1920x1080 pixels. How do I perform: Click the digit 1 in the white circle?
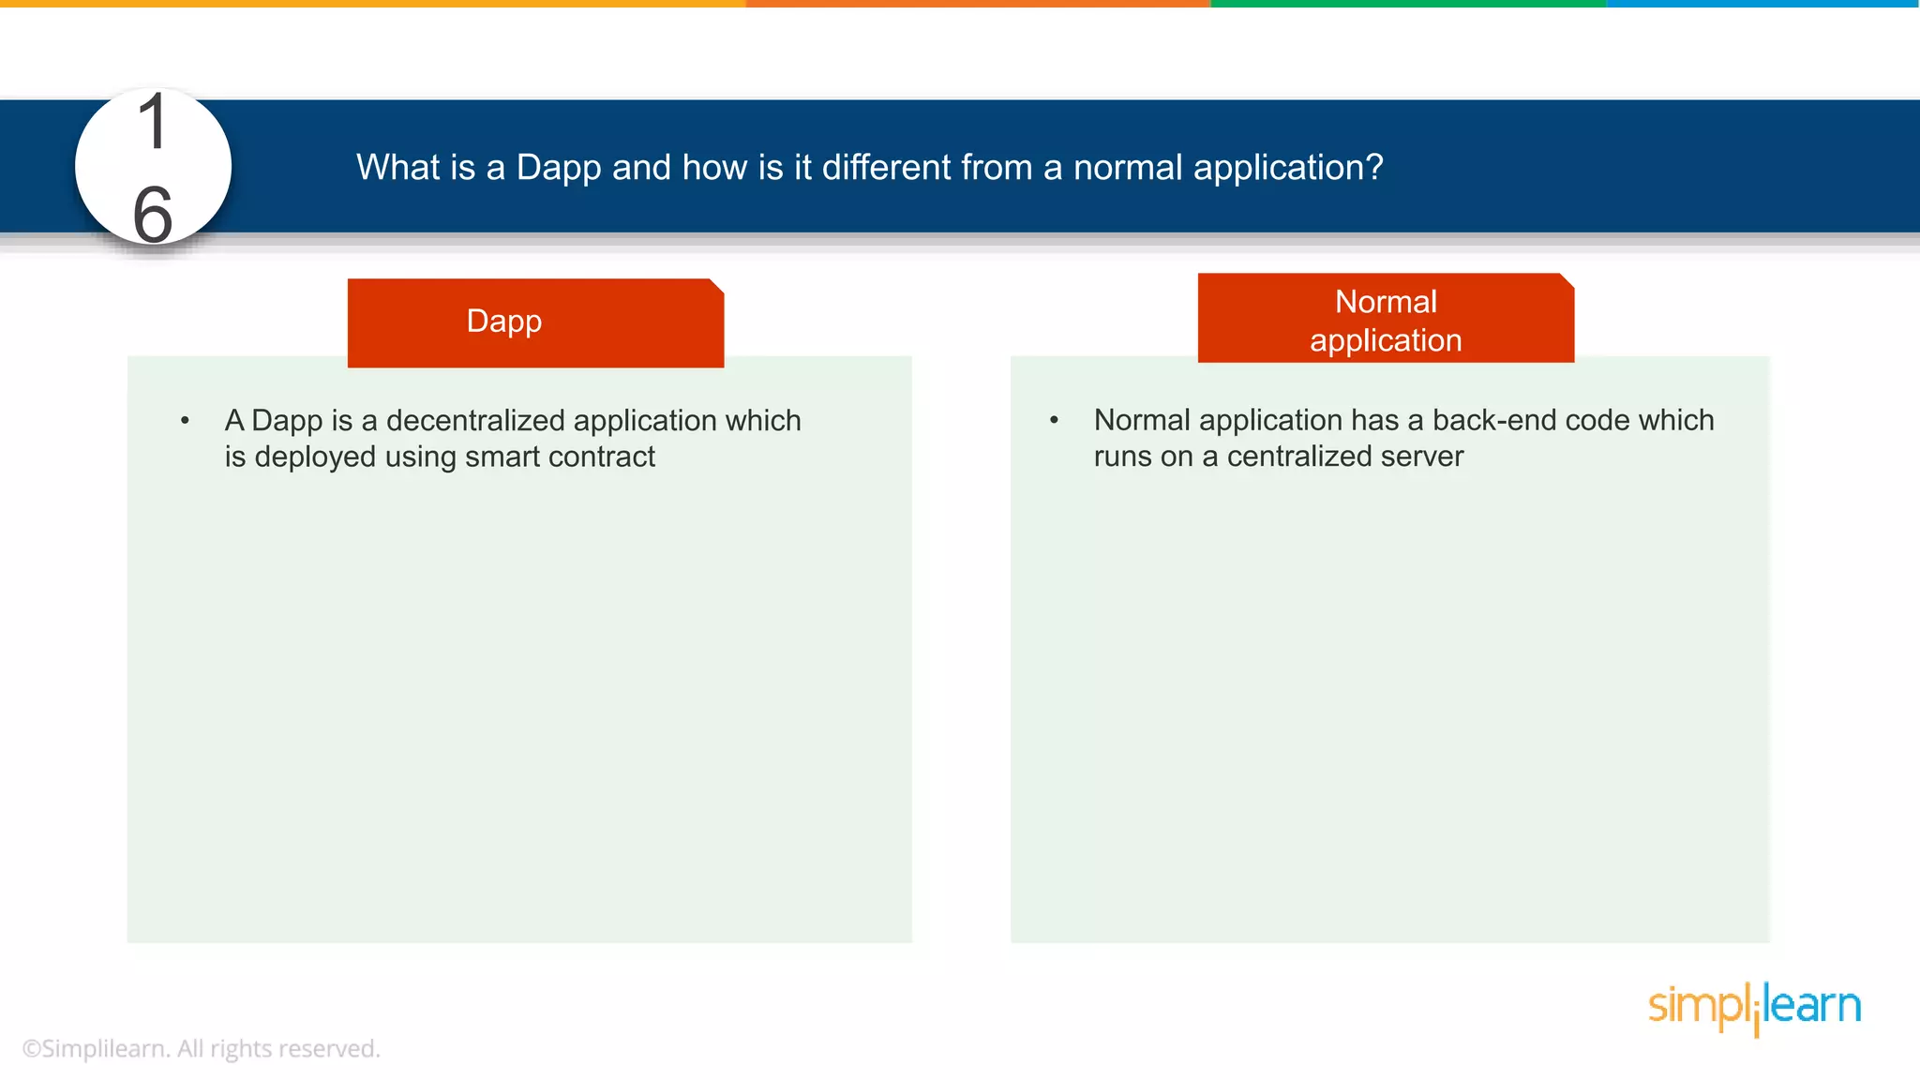pyautogui.click(x=153, y=123)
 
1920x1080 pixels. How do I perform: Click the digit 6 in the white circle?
pyautogui.click(x=153, y=216)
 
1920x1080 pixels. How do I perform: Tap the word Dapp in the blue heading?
pyautogui.click(x=558, y=168)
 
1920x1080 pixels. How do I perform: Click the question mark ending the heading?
pyautogui.click(x=1373, y=167)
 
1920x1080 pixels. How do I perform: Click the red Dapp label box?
pyautogui.click(x=535, y=322)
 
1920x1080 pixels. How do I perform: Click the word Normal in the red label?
pyautogui.click(x=1385, y=302)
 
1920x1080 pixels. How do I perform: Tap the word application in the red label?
pyautogui.click(x=1385, y=340)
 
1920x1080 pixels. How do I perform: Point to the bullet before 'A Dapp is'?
pyautogui.click(x=185, y=421)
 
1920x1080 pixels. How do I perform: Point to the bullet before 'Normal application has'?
pyautogui.click(x=1054, y=420)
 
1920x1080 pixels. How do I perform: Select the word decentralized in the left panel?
pyautogui.click(x=475, y=420)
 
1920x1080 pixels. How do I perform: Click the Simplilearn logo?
pyautogui.click(x=1753, y=1008)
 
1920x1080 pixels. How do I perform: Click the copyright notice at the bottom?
pyautogui.click(x=201, y=1048)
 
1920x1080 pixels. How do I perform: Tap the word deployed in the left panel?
pyautogui.click(x=315, y=457)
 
